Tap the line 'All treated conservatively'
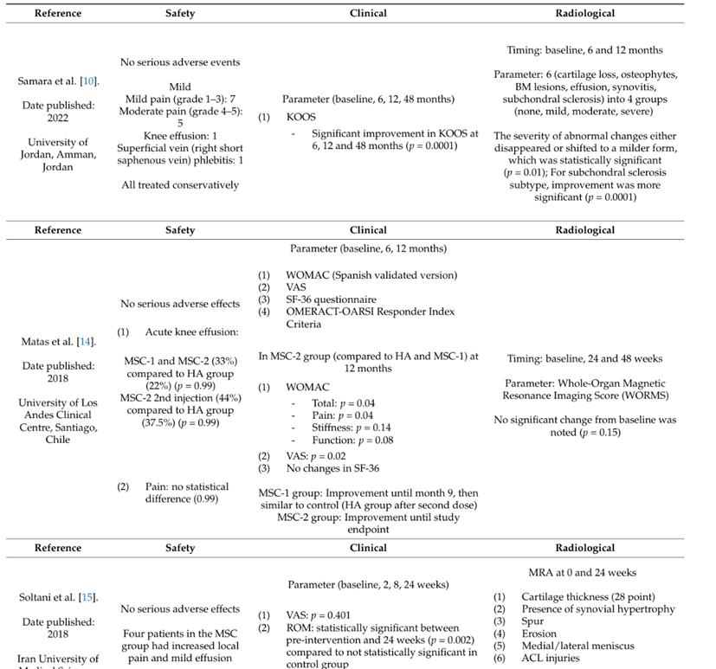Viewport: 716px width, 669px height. coord(180,184)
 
